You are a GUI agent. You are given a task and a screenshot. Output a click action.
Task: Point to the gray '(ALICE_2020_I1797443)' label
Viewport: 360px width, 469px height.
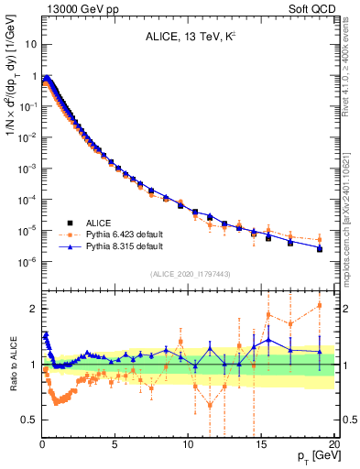190,275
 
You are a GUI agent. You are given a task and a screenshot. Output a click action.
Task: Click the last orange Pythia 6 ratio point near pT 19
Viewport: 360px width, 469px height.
320,305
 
